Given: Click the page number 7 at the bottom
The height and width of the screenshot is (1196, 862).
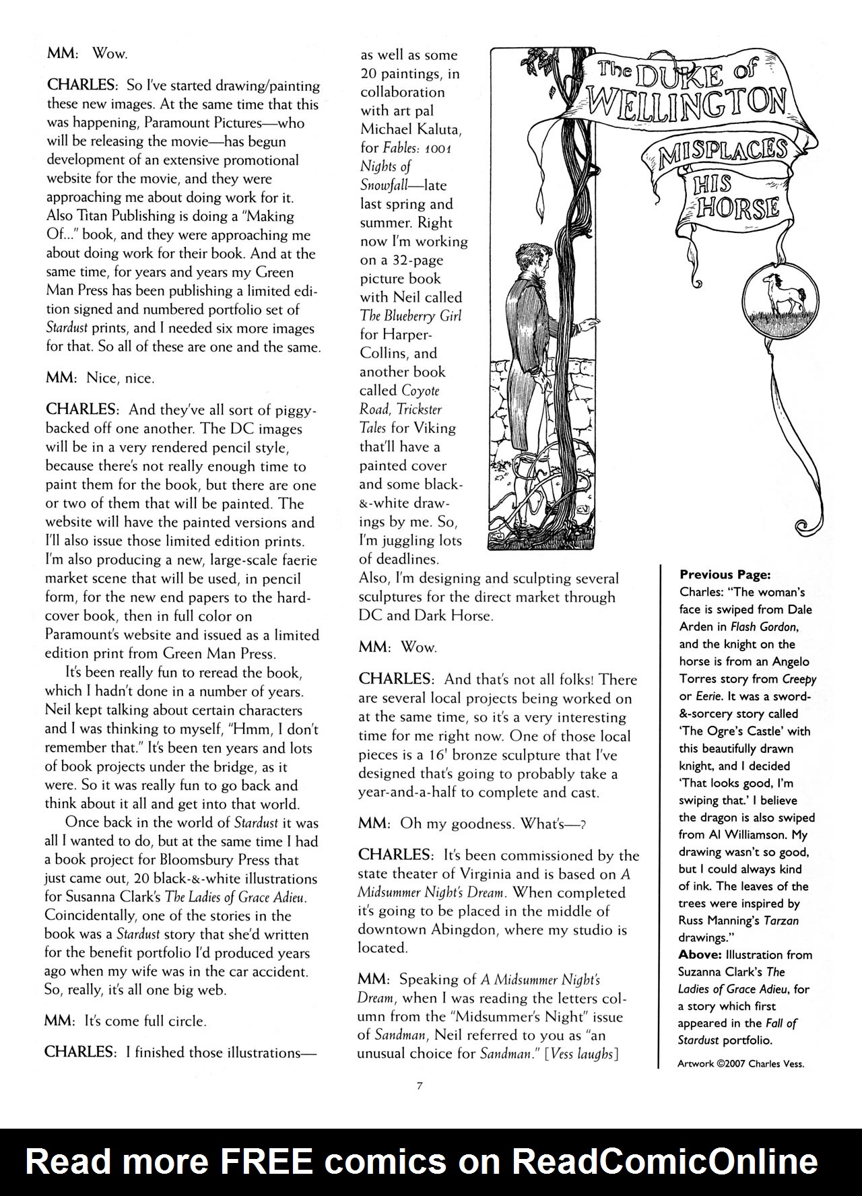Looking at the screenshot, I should pyautogui.click(x=419, y=1085).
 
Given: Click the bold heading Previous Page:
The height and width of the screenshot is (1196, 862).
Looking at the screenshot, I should pyautogui.click(x=725, y=574).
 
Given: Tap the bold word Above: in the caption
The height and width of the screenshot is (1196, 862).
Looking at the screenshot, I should pyautogui.click(x=700, y=954).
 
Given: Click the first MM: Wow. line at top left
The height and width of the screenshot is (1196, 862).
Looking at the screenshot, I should pyautogui.click(x=86, y=53).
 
